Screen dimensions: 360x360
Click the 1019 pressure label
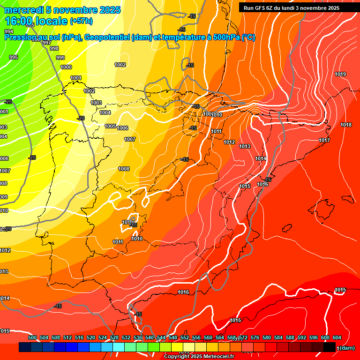pyautogui.click(x=340, y=75)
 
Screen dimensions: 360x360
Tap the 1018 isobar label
pyautogui.click(x=346, y=125)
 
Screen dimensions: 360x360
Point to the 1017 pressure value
pyautogui.click(x=324, y=141)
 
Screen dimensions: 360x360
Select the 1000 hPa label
pyautogui.click(x=66, y=67)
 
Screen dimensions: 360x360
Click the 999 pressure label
pyautogui.click(x=60, y=58)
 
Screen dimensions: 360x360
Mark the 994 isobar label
pyautogui.click(x=9, y=31)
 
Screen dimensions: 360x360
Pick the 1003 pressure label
pyautogui.click(x=96, y=103)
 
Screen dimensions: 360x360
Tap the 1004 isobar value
pyautogui.click(x=105, y=113)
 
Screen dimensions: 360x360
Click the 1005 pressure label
pyautogui.click(x=110, y=127)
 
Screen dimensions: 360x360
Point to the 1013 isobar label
pyautogui.click(x=245, y=147)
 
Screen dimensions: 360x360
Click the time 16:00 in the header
pyautogui.click(x=20, y=21)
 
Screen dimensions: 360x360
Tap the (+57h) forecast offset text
pyautogui.click(x=81, y=21)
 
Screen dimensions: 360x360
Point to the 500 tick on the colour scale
pyautogui.click(x=32, y=338)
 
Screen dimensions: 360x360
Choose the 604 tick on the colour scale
pyautogui.click(x=337, y=338)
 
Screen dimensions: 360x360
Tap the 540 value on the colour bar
pyautogui.click(x=150, y=338)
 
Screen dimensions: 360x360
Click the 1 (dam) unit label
pyautogui.click(x=346, y=348)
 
